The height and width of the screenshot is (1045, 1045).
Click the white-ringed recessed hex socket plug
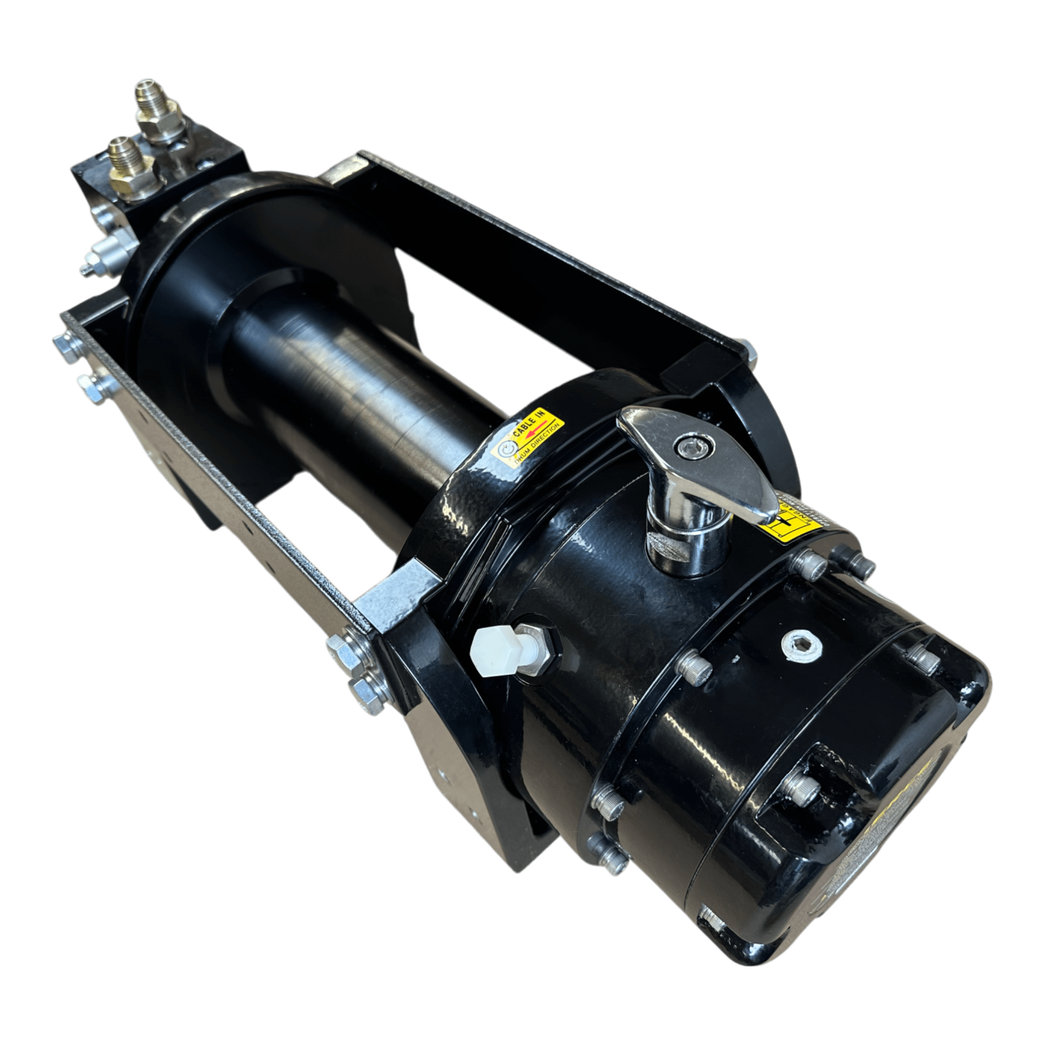pos(801,644)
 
